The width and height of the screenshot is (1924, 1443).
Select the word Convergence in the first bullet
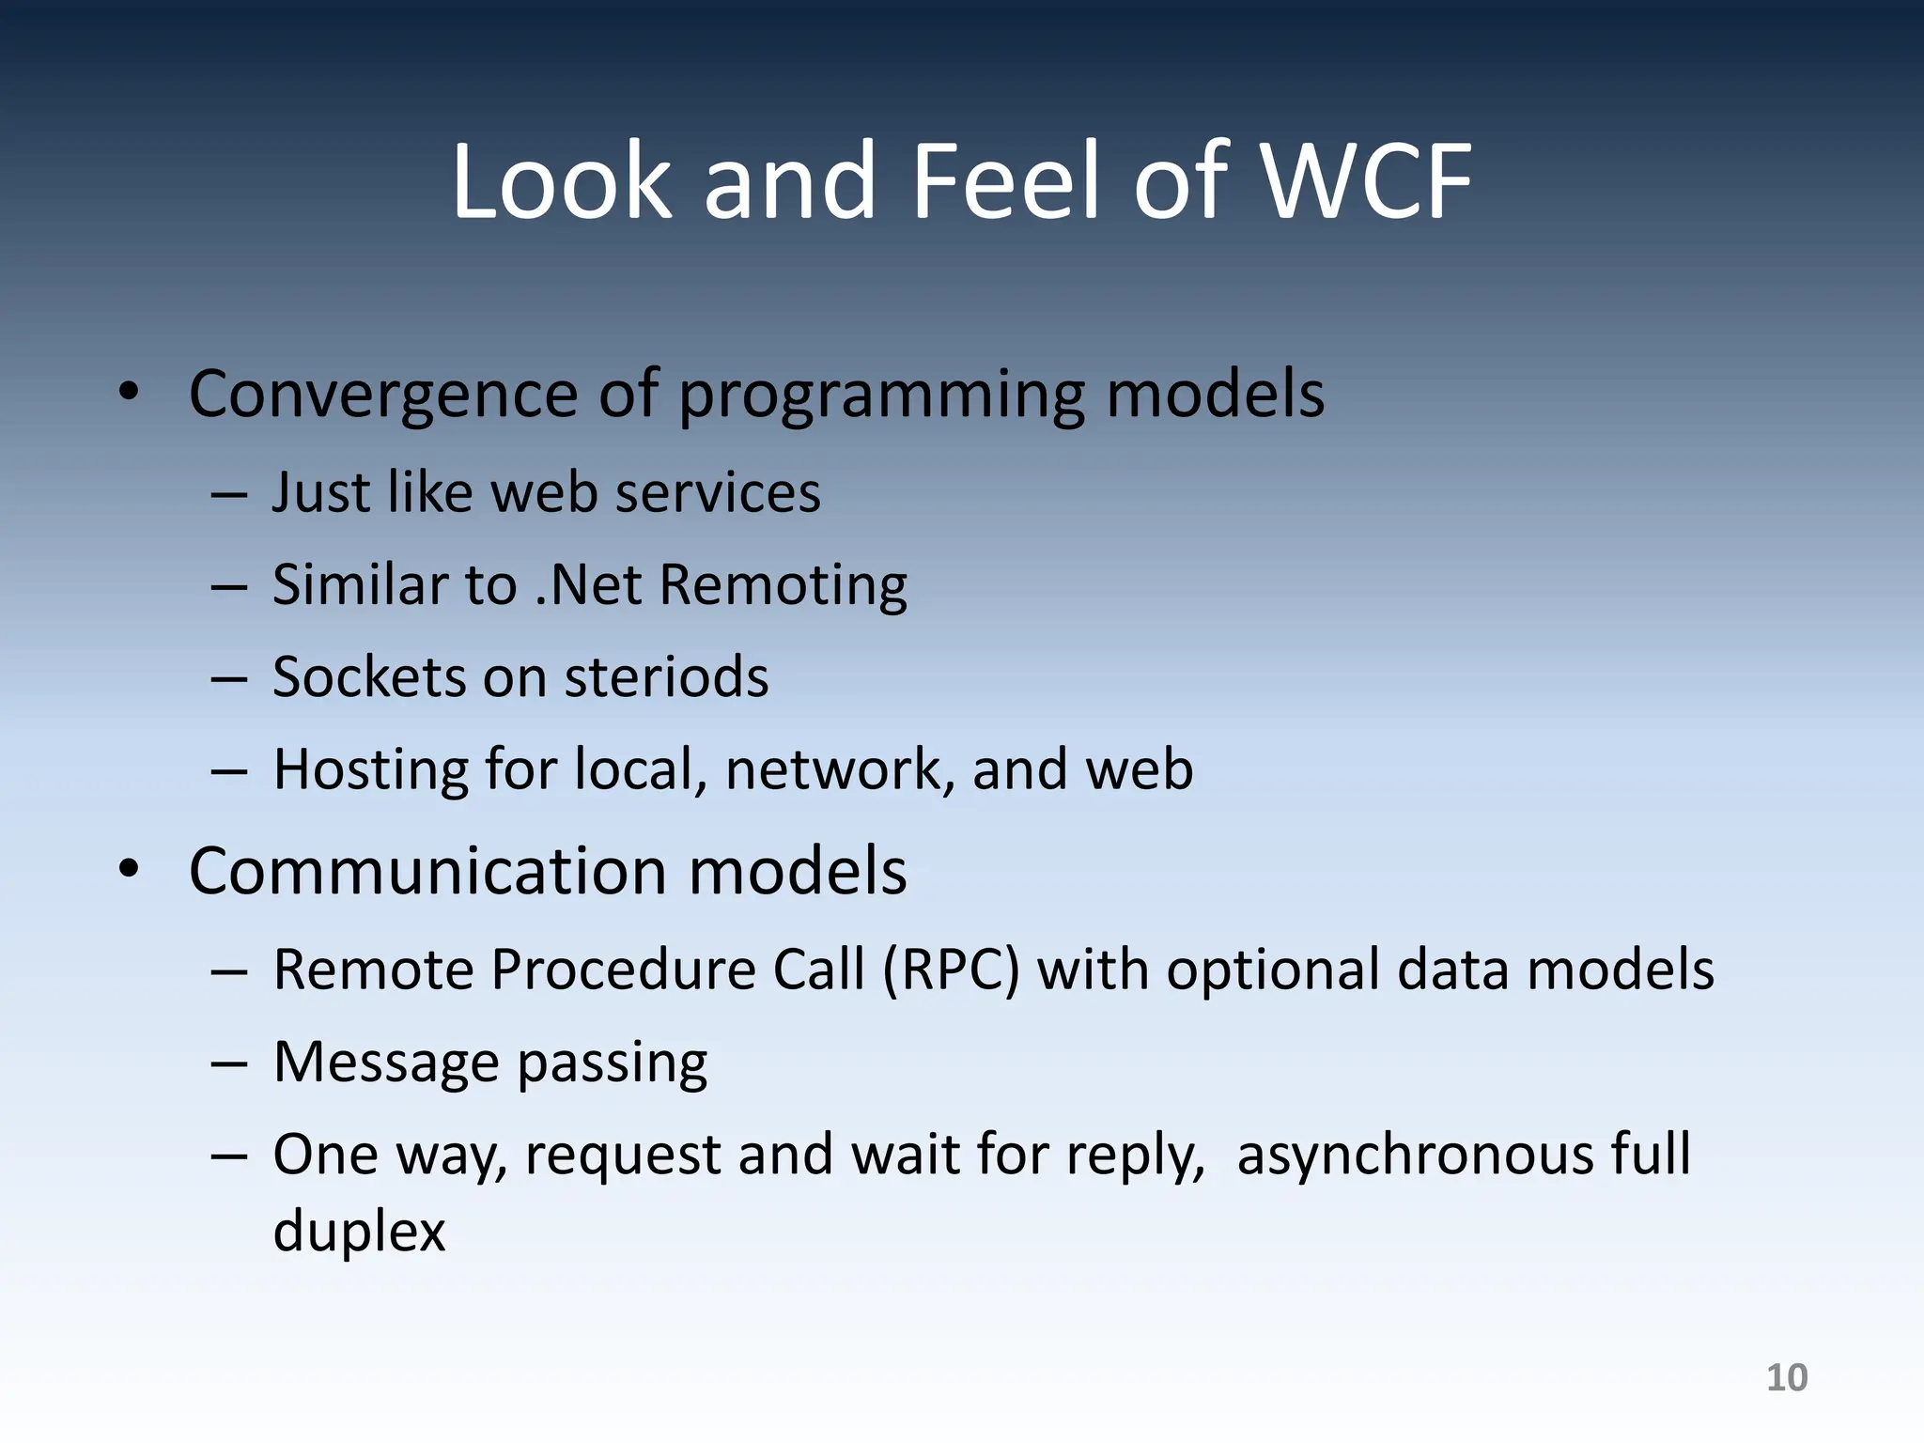coord(382,395)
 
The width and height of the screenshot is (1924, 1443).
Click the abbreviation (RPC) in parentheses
coord(951,970)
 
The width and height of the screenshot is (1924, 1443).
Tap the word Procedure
coord(623,970)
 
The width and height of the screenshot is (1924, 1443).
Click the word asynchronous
coord(1414,1155)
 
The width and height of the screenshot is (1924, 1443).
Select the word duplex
coord(359,1232)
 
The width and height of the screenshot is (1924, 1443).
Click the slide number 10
coord(1786,1378)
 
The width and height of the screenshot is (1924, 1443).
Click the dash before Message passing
coord(228,1064)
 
